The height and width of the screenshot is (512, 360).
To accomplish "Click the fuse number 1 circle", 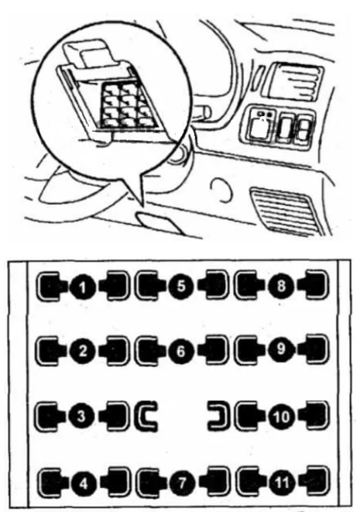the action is (82, 287).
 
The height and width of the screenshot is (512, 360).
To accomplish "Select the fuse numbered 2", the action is (82, 351).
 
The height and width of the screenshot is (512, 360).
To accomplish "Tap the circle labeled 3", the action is (81, 416).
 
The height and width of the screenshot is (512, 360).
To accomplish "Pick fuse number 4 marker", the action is (84, 483).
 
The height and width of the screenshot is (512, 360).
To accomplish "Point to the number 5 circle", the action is (181, 286).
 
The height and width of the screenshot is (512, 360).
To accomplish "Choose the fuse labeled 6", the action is (181, 351).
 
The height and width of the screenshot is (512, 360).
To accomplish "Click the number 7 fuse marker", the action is (182, 483).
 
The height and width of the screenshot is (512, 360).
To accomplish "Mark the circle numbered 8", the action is (281, 286).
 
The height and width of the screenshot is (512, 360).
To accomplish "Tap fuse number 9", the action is (281, 349).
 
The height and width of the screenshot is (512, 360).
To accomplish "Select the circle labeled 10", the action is (282, 416).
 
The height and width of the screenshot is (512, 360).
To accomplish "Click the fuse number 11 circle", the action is (282, 483).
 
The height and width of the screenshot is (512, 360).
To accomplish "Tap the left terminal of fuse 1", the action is (50, 287).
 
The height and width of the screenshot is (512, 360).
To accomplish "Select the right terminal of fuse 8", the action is (314, 284).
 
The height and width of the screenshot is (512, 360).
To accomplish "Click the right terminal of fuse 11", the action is (315, 482).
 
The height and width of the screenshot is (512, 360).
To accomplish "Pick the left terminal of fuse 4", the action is (52, 483).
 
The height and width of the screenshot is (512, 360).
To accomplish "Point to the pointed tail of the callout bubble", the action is (142, 206).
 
